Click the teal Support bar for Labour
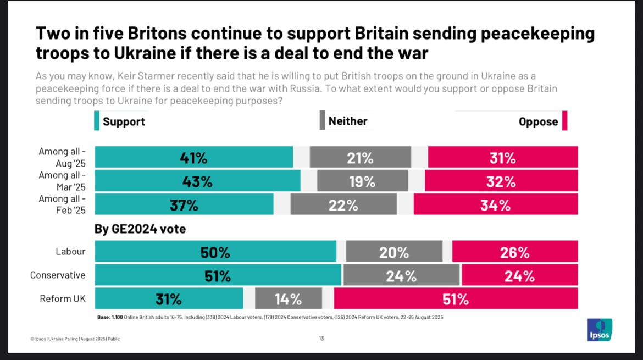tap(215, 252)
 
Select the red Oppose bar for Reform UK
tap(456, 299)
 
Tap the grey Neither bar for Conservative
tap(401, 275)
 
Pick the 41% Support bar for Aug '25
tap(193, 157)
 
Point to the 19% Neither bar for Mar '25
tap(362, 181)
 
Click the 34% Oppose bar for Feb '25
tap(495, 205)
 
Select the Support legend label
tap(124, 121)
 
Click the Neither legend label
tap(347, 121)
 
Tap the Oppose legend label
tap(538, 121)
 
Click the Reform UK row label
tap(63, 299)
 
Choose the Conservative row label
tap(58, 275)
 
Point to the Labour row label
tap(70, 252)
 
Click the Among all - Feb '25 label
tap(62, 204)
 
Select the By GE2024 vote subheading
tap(140, 229)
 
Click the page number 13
tap(321, 339)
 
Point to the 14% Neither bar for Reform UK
tap(289, 299)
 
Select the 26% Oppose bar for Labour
tap(515, 252)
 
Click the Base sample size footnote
tap(270, 317)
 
